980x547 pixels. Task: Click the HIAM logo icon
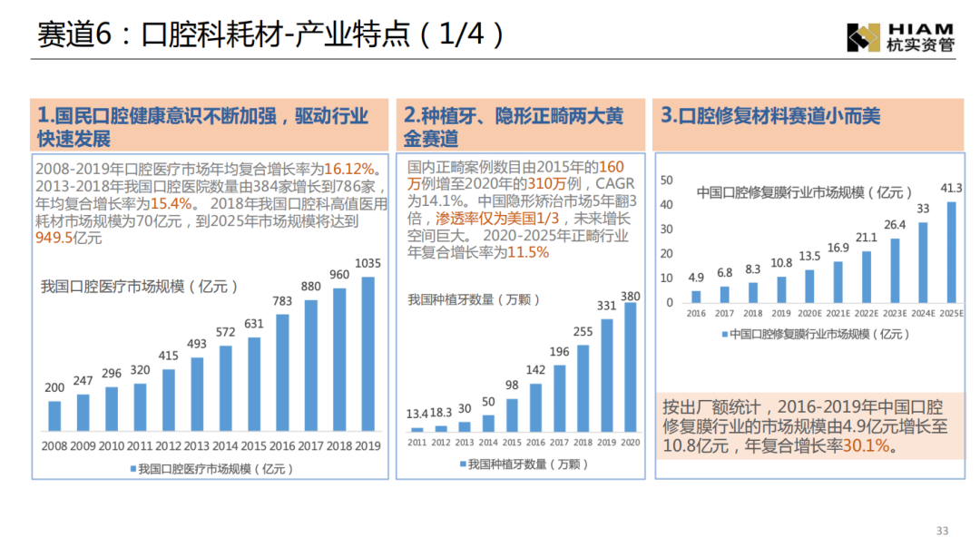tap(862, 37)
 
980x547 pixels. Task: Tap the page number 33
tap(942, 531)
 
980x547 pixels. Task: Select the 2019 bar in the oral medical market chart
tap(368, 353)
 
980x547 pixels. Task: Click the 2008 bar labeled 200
tap(54, 415)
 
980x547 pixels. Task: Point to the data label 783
tap(282, 301)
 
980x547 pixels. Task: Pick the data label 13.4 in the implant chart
tap(417, 415)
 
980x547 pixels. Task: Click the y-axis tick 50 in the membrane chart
tap(667, 180)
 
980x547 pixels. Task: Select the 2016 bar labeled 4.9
tap(696, 296)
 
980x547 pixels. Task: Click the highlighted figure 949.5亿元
tap(68, 238)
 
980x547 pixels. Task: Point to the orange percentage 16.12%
tap(349, 170)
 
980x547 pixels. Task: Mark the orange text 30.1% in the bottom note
tap(867, 445)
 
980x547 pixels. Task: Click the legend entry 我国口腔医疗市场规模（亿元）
tap(212, 468)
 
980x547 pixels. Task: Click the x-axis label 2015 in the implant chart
tap(512, 442)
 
